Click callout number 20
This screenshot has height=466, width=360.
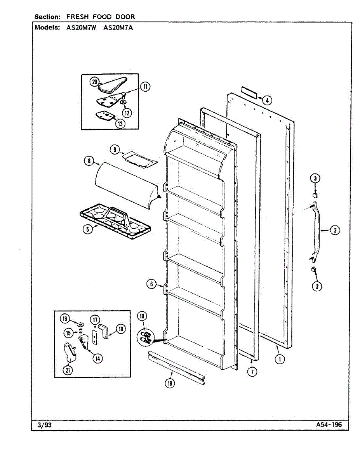tap(94, 82)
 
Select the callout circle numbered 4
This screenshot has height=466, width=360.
tap(266, 100)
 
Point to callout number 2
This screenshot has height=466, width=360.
tap(334, 230)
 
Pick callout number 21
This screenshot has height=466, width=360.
tap(69, 370)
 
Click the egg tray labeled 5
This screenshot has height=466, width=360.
tap(116, 220)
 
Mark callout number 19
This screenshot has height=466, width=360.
tap(143, 316)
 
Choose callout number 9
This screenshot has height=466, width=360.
tap(115, 149)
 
